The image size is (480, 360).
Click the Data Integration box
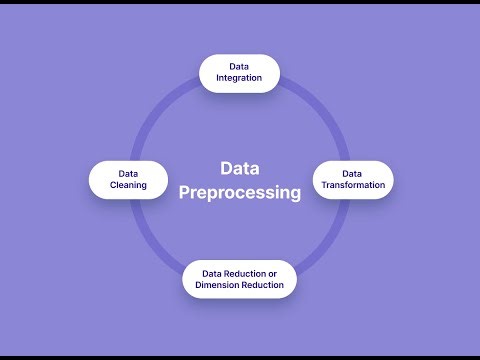click(239, 73)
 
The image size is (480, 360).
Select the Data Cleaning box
click(127, 179)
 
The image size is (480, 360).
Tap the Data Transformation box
click(353, 179)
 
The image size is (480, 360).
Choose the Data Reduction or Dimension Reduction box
click(239, 279)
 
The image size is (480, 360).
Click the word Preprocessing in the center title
click(240, 193)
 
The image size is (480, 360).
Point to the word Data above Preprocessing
click(240, 168)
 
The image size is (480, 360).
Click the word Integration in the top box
click(239, 79)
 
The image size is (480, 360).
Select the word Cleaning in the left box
click(127, 185)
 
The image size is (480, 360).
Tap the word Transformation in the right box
click(353, 185)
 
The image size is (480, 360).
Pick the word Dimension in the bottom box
click(219, 285)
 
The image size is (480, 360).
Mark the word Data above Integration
click(239, 67)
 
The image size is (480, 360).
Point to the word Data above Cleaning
click(127, 172)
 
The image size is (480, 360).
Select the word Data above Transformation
click(353, 172)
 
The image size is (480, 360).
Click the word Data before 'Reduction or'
click(212, 273)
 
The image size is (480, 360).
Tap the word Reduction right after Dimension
click(263, 285)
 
